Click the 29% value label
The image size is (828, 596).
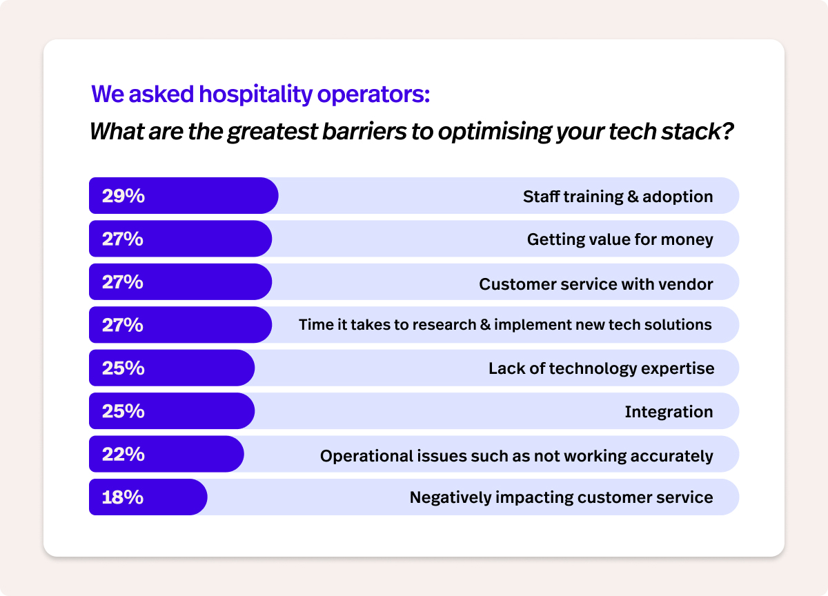pos(123,197)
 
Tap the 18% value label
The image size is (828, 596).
pos(122,497)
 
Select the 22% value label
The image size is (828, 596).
pos(123,455)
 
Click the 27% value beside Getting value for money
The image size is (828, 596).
pos(123,239)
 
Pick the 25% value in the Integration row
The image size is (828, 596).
pos(123,412)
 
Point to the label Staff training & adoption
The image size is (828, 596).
pos(618,197)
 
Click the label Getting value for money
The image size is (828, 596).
pos(620,239)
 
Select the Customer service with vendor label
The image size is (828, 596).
pos(595,283)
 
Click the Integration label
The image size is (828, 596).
pos(669,412)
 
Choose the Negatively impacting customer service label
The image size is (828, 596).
pos(561,497)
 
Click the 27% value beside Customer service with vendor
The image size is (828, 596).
pos(123,283)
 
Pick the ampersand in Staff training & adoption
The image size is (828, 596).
pos(632,197)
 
